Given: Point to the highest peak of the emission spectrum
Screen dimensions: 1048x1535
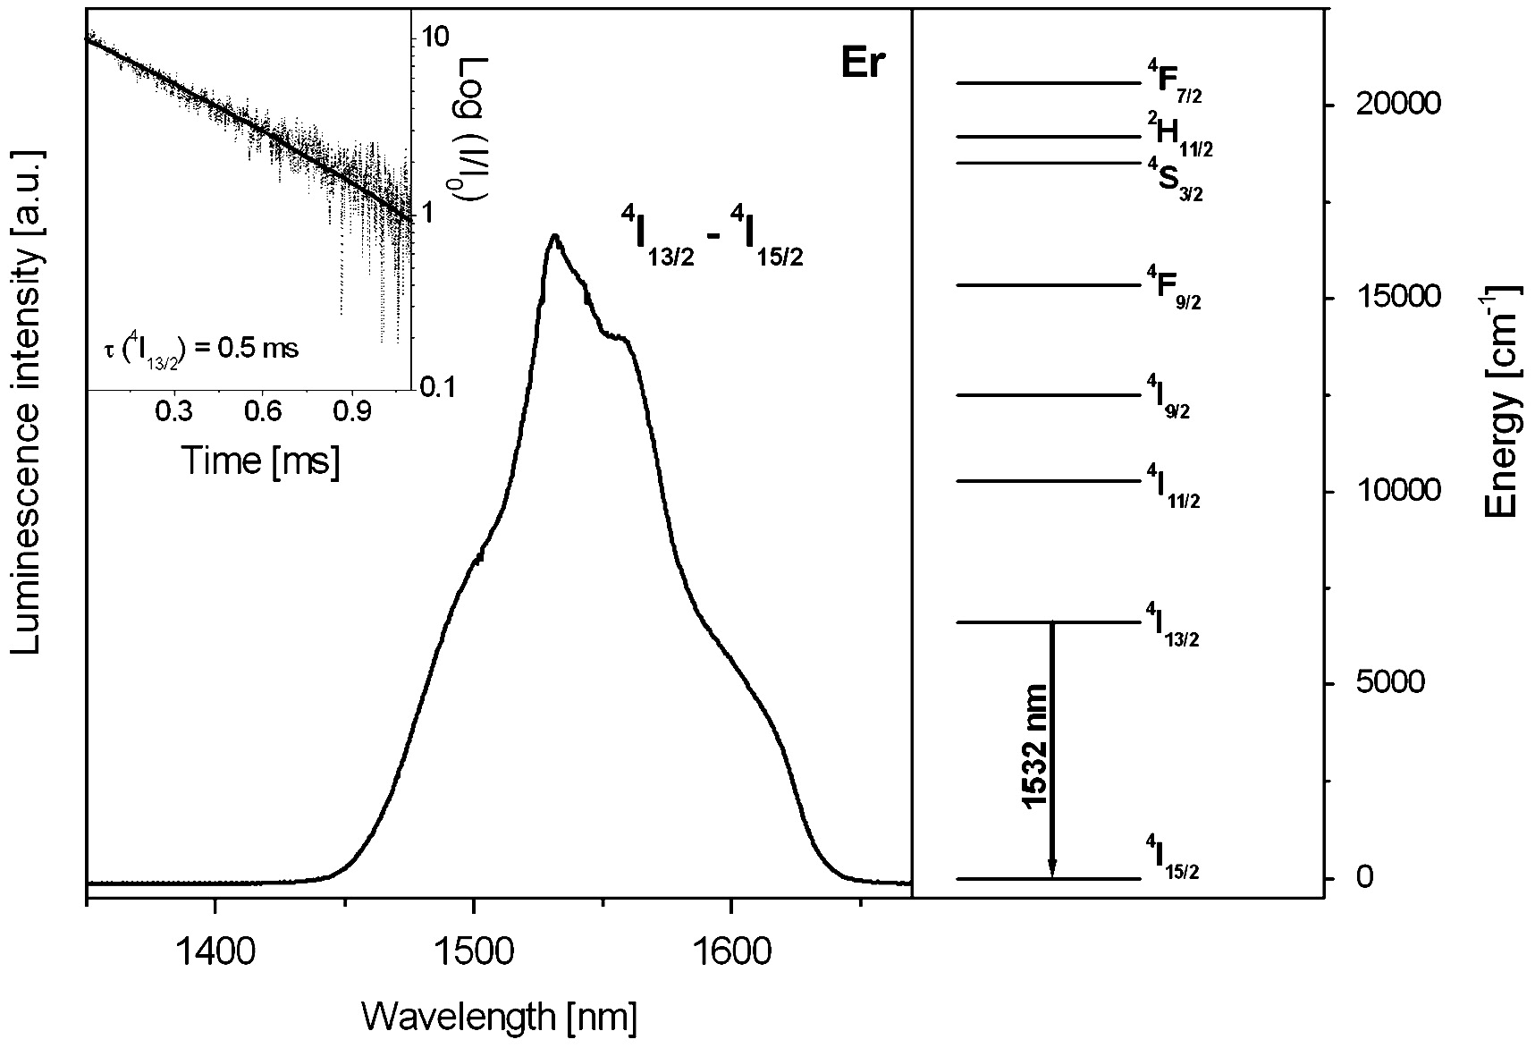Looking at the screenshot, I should pos(555,237).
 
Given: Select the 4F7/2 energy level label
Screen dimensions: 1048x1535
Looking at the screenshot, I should pos(1174,82).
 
